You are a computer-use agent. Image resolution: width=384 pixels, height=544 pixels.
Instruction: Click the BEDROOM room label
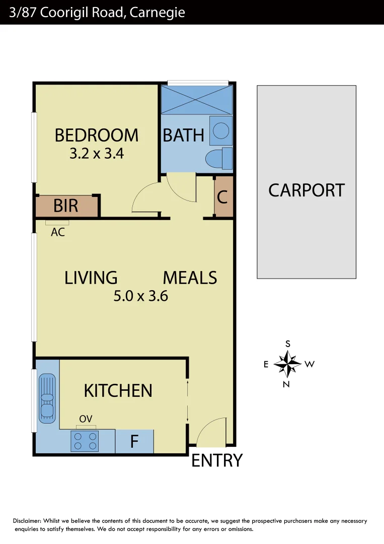tap(96, 135)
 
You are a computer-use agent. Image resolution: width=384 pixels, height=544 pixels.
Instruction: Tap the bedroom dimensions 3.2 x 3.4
tap(97, 153)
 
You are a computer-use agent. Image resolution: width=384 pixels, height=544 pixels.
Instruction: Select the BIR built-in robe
tap(66, 206)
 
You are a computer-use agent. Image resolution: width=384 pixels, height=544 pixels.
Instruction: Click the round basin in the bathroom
tap(220, 130)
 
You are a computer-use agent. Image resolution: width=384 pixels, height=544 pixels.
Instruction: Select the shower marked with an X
tap(196, 100)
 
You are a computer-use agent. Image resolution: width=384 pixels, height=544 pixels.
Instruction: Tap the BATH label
tap(183, 135)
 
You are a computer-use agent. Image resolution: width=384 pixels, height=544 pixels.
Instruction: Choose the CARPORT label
tap(306, 190)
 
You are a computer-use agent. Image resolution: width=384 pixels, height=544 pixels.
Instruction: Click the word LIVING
tap(91, 278)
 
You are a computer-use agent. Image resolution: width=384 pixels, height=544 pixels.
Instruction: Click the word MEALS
tap(190, 278)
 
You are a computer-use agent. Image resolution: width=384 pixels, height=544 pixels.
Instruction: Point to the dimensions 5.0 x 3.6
tap(140, 296)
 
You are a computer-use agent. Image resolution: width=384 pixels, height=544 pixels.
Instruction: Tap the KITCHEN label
tap(118, 390)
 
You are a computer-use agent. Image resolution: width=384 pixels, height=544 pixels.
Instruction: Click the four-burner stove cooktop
tap(85, 441)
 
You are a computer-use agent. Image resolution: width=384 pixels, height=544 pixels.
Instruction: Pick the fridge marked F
tap(134, 441)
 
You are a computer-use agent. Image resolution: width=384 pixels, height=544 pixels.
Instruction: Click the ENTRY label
tap(217, 460)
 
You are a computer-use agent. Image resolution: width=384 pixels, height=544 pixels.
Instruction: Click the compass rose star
tap(287, 364)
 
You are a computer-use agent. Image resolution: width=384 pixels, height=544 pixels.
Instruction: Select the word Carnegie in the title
tap(157, 12)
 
